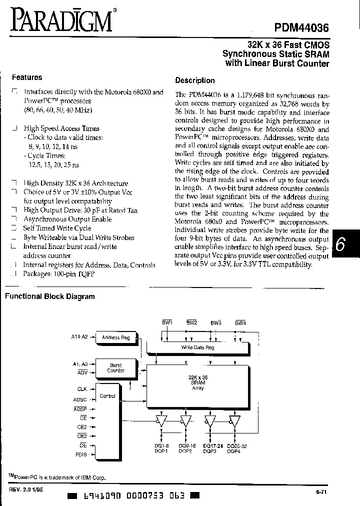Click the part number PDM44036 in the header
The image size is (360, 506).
pyautogui.click(x=302, y=30)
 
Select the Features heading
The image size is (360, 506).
pyautogui.click(x=27, y=77)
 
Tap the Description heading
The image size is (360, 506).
pyautogui.click(x=195, y=80)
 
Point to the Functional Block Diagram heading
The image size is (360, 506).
pyautogui.click(x=50, y=296)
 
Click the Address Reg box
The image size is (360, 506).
pyautogui.click(x=115, y=337)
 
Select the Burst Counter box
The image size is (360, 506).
pyautogui.click(x=115, y=368)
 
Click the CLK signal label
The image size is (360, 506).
pyautogui.click(x=82, y=388)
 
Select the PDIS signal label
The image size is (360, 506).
pyautogui.click(x=81, y=454)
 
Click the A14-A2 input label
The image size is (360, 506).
pyautogui.click(x=80, y=337)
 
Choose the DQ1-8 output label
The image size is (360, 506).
pyautogui.click(x=161, y=446)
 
